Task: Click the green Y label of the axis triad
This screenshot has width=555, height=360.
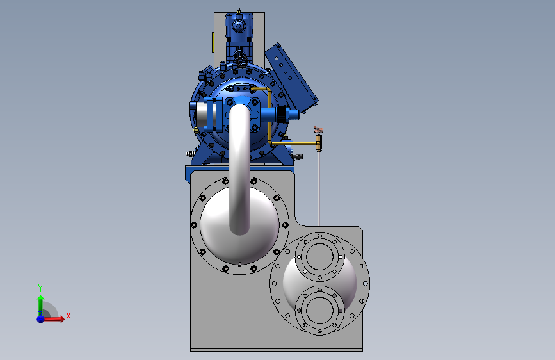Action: click(x=40, y=288)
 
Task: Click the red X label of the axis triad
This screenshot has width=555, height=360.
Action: click(x=68, y=316)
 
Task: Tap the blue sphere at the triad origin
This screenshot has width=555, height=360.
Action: click(x=41, y=319)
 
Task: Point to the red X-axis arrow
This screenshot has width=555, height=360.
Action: click(x=53, y=319)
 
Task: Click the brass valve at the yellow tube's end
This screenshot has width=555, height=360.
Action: click(x=319, y=142)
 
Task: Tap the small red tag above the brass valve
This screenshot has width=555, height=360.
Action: click(x=318, y=129)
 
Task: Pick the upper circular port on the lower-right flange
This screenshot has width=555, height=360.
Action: click(x=319, y=256)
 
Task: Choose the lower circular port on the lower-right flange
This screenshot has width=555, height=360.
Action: click(x=319, y=311)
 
